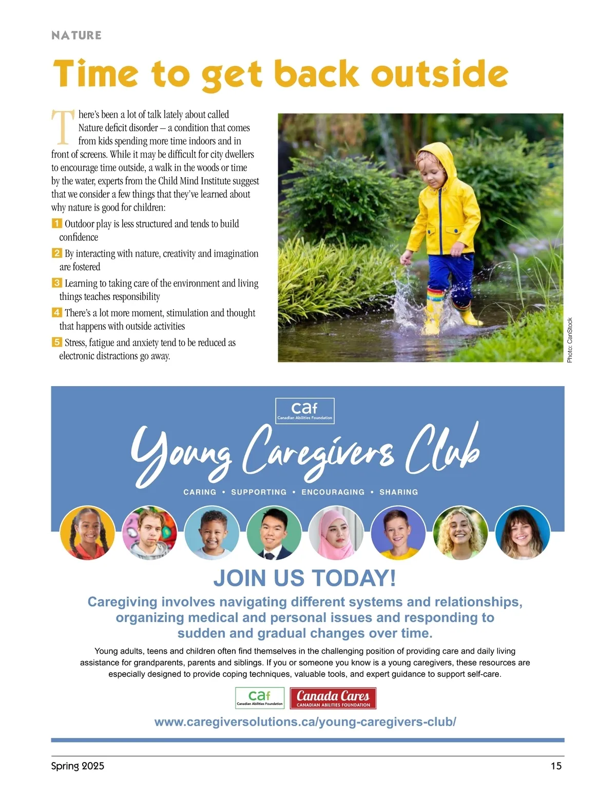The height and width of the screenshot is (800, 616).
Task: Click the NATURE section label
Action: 76,35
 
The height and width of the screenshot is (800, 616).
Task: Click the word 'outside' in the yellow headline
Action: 439,74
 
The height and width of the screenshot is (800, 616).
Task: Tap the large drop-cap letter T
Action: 63,127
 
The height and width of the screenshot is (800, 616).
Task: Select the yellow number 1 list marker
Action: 56,223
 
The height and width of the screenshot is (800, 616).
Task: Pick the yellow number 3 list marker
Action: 56,283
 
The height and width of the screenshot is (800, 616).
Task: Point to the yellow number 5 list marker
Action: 56,342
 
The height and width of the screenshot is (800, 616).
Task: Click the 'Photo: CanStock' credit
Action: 569,340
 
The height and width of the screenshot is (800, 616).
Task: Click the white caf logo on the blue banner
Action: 305,411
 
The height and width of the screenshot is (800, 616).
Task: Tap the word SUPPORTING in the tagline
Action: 259,492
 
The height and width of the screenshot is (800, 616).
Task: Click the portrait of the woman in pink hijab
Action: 336,532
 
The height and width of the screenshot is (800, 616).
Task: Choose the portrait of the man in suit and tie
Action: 274,532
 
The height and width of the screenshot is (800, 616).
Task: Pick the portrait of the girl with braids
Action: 87,532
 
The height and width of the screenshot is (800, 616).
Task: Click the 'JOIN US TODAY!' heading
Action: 305,578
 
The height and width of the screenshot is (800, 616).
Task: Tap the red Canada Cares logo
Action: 333,698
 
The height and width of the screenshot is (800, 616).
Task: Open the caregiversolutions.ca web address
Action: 305,722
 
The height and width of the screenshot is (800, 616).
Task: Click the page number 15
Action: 556,766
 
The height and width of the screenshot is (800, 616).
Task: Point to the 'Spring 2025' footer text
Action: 78,766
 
